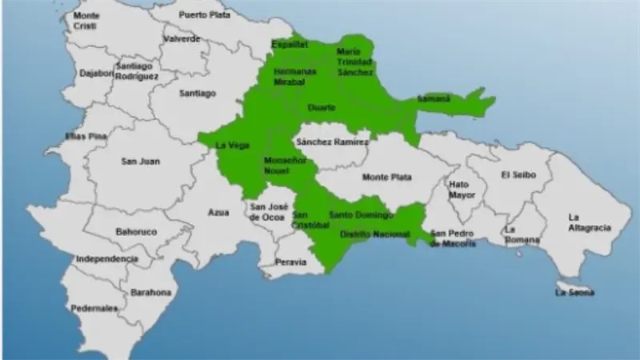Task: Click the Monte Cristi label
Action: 86,21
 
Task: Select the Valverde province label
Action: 181,38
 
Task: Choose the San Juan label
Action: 140,161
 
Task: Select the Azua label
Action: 218,213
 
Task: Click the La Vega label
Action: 233,145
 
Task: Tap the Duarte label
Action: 321,106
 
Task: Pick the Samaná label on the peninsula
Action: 434,99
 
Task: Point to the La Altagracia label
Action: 588,222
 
